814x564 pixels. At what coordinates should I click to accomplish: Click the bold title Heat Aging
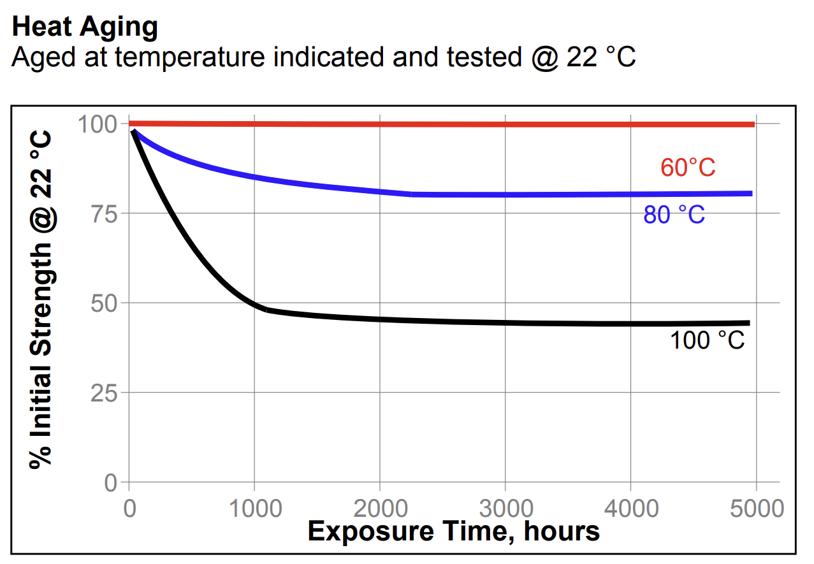tap(84, 27)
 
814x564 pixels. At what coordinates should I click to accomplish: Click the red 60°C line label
tap(687, 168)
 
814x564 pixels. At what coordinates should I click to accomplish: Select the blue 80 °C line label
tap(674, 215)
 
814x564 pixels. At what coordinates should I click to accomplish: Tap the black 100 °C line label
tap(706, 340)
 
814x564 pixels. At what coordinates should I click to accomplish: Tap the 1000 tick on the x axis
tap(254, 509)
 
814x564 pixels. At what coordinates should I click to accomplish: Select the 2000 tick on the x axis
tap(380, 509)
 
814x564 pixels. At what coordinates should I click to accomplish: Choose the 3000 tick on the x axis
tap(505, 509)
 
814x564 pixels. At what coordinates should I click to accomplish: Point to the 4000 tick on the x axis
tap(631, 509)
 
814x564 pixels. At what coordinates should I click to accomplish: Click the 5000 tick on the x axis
tap(756, 509)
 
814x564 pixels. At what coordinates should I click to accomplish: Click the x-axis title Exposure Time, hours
tap(453, 531)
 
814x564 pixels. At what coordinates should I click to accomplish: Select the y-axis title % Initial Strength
tap(41, 300)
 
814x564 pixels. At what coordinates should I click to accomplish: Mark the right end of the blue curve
tap(750, 194)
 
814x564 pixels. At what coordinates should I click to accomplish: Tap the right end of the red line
tap(753, 124)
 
